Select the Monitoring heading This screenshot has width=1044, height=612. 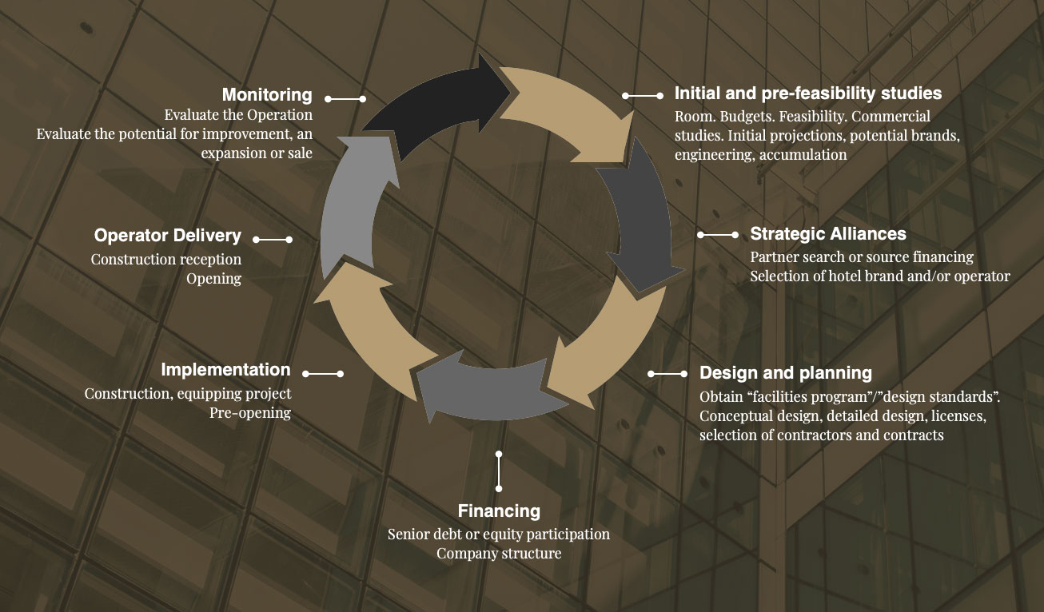[x=267, y=95]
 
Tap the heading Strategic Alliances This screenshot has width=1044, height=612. [x=828, y=234]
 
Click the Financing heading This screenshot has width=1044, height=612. [x=499, y=511]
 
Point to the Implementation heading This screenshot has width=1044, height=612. [x=225, y=370]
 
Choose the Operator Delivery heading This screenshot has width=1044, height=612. [x=168, y=236]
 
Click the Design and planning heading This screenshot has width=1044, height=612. [x=786, y=373]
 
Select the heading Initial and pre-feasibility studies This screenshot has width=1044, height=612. [x=808, y=93]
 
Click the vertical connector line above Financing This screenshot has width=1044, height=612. [x=499, y=471]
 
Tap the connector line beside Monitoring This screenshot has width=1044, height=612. [x=345, y=99]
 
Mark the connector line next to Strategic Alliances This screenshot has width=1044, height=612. [x=718, y=235]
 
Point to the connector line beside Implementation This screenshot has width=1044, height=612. [x=322, y=373]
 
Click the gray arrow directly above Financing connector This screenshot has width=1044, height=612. [x=480, y=391]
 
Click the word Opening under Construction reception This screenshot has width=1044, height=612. [x=213, y=279]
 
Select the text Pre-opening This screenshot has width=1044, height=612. [x=250, y=413]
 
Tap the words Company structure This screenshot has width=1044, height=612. [x=499, y=553]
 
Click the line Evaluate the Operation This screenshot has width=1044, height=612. [x=238, y=115]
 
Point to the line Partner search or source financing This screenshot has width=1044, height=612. [x=862, y=257]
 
